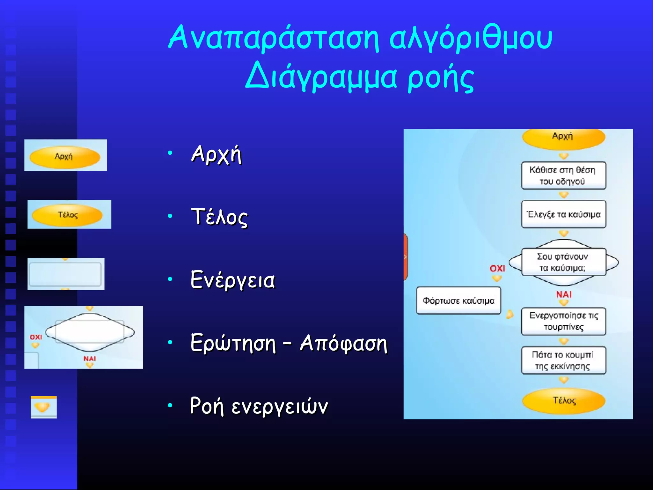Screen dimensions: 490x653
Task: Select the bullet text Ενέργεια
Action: pos(232,280)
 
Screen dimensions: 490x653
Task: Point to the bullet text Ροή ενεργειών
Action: pos(259,406)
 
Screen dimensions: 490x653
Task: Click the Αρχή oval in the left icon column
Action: pos(65,157)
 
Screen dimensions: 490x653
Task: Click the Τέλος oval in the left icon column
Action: pos(68,215)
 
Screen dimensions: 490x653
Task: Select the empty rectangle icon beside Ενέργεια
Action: pos(65,274)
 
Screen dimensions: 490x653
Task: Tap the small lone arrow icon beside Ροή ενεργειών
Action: pos(43,407)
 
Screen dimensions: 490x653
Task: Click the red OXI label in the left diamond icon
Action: pos(36,337)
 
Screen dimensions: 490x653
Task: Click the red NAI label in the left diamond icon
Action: pos(90,359)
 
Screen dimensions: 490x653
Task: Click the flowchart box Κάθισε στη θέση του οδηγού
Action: pos(563,176)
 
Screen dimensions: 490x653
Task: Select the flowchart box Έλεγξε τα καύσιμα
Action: pos(563,214)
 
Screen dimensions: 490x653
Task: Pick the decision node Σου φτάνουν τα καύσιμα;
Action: pos(563,262)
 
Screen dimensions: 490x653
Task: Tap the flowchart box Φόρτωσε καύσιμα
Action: pos(458,301)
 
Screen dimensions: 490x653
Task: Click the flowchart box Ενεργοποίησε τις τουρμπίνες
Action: pos(563,321)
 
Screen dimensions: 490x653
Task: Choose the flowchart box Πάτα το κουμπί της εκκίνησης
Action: pos(563,360)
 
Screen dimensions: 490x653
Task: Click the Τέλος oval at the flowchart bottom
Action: pos(564,401)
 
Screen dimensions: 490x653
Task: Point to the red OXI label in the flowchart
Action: pos(497,268)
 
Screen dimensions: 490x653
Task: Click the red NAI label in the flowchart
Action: pos(563,294)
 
